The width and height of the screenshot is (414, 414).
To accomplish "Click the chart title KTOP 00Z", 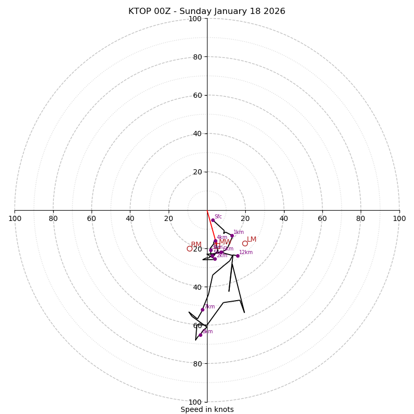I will click(206, 11).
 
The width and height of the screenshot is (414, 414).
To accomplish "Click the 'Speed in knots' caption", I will click(207, 409).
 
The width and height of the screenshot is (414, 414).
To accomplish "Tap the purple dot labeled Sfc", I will click(213, 220).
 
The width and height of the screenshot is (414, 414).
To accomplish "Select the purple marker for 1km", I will click(232, 235).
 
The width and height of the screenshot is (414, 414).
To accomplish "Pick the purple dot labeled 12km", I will click(238, 256).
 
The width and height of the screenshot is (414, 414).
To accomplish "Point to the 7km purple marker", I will click(202, 309).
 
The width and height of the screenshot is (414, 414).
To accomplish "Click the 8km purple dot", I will click(200, 335).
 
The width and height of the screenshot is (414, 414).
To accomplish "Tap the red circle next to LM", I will click(245, 243).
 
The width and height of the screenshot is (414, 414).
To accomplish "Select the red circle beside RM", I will click(189, 248).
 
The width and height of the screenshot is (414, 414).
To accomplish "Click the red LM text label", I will click(252, 240).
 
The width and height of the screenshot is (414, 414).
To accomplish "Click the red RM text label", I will click(196, 245).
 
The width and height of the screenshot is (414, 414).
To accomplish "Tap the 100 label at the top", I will click(195, 19).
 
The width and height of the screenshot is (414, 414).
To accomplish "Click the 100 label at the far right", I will click(399, 218).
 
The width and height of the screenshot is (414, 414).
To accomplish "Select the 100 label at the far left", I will click(15, 218).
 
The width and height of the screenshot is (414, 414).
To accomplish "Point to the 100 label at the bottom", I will click(195, 402).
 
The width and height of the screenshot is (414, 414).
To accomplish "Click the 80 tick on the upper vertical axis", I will click(197, 57).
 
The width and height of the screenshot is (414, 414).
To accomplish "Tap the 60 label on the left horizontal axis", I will click(92, 218).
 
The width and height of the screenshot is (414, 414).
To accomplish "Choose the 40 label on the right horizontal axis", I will click(284, 218).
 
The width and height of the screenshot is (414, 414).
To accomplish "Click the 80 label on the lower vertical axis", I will click(197, 363).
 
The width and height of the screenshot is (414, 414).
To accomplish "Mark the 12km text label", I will click(246, 253).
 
